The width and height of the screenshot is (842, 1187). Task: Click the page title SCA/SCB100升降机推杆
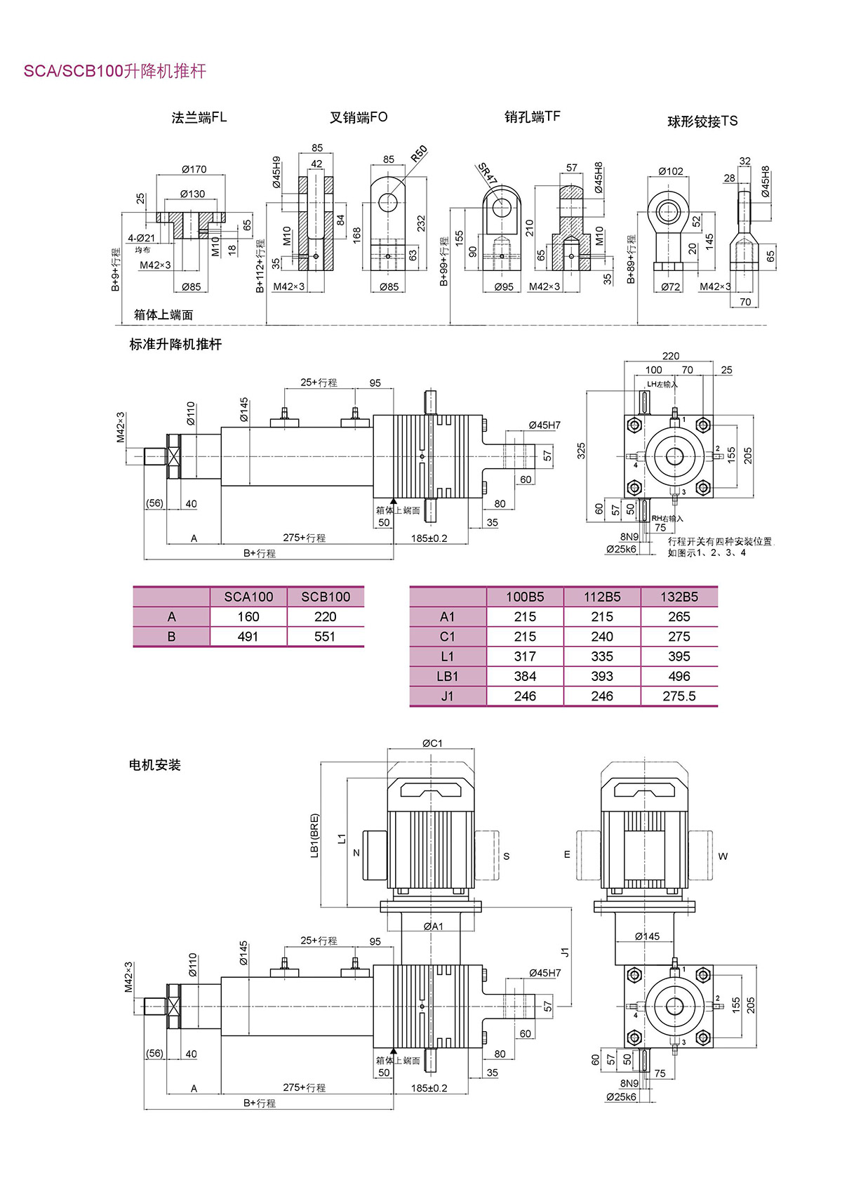click(x=115, y=71)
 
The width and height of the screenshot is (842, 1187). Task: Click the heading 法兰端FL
click(x=199, y=117)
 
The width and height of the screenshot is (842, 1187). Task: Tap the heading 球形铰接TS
click(x=702, y=121)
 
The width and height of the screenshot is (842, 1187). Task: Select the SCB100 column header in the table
click(x=326, y=597)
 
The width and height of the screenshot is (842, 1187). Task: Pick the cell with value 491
click(x=248, y=637)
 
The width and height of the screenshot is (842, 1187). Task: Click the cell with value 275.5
click(x=679, y=696)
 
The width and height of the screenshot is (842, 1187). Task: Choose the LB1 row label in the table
click(x=448, y=677)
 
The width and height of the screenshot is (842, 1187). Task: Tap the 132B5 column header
click(x=679, y=597)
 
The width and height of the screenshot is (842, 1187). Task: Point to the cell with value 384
click(x=525, y=677)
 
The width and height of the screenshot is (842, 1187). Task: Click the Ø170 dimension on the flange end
click(x=194, y=169)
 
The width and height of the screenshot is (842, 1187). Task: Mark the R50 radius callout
click(x=418, y=154)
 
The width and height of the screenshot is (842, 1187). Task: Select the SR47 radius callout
click(x=487, y=173)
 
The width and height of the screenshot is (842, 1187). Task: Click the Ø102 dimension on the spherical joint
click(x=671, y=171)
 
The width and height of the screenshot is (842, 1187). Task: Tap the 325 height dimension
click(x=581, y=451)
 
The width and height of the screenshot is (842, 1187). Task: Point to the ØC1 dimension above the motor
click(x=432, y=743)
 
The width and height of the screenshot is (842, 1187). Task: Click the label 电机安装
click(x=155, y=765)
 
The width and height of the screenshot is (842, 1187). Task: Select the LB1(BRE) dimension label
click(x=314, y=835)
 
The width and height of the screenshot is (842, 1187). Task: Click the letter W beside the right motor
click(x=723, y=856)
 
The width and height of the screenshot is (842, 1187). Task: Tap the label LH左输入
click(x=662, y=384)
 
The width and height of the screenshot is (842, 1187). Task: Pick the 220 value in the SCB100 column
click(x=326, y=617)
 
